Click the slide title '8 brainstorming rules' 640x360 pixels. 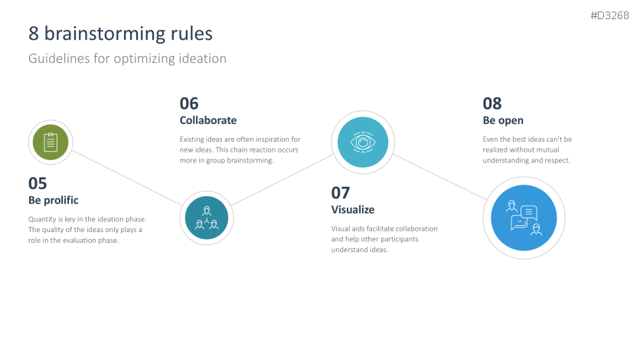120,34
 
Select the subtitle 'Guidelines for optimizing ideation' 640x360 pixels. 127,58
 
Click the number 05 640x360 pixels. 38,183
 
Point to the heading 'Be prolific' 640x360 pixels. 54,201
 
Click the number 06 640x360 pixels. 189,103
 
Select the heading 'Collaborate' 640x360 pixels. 208,120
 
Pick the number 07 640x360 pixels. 341,192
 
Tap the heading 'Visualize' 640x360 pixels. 353,210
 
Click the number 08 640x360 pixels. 491,103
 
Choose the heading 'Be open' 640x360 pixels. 503,120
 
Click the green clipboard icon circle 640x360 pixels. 51,142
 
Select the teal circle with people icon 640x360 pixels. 207,218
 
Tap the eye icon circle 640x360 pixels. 363,142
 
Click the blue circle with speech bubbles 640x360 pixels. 524,218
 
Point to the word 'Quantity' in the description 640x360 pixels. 42,219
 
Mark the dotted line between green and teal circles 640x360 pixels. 126,179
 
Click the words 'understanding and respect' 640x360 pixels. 527,161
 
